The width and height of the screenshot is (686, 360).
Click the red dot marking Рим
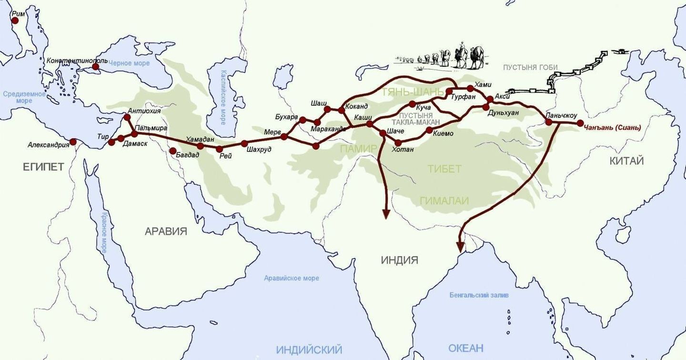click(x=15, y=20)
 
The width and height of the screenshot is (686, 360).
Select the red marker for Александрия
click(x=73, y=141)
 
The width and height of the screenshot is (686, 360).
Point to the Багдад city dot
click(x=172, y=151)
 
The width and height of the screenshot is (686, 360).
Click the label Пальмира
click(x=151, y=128)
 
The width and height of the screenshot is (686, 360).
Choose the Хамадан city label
click(x=200, y=139)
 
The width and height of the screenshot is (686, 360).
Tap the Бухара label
click(x=286, y=117)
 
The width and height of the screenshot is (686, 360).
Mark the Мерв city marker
click(x=284, y=137)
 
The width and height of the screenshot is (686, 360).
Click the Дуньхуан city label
click(x=503, y=113)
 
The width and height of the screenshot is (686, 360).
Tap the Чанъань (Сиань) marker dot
click(x=580, y=123)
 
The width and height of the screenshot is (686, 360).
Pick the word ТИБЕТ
click(x=444, y=169)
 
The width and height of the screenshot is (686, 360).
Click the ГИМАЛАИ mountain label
click(x=444, y=201)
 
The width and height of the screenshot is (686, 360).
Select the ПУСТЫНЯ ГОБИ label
click(x=530, y=67)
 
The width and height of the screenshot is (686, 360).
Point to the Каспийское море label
click(x=222, y=98)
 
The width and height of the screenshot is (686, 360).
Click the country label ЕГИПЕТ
click(x=43, y=167)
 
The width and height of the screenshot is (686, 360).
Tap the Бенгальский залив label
click(x=479, y=295)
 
